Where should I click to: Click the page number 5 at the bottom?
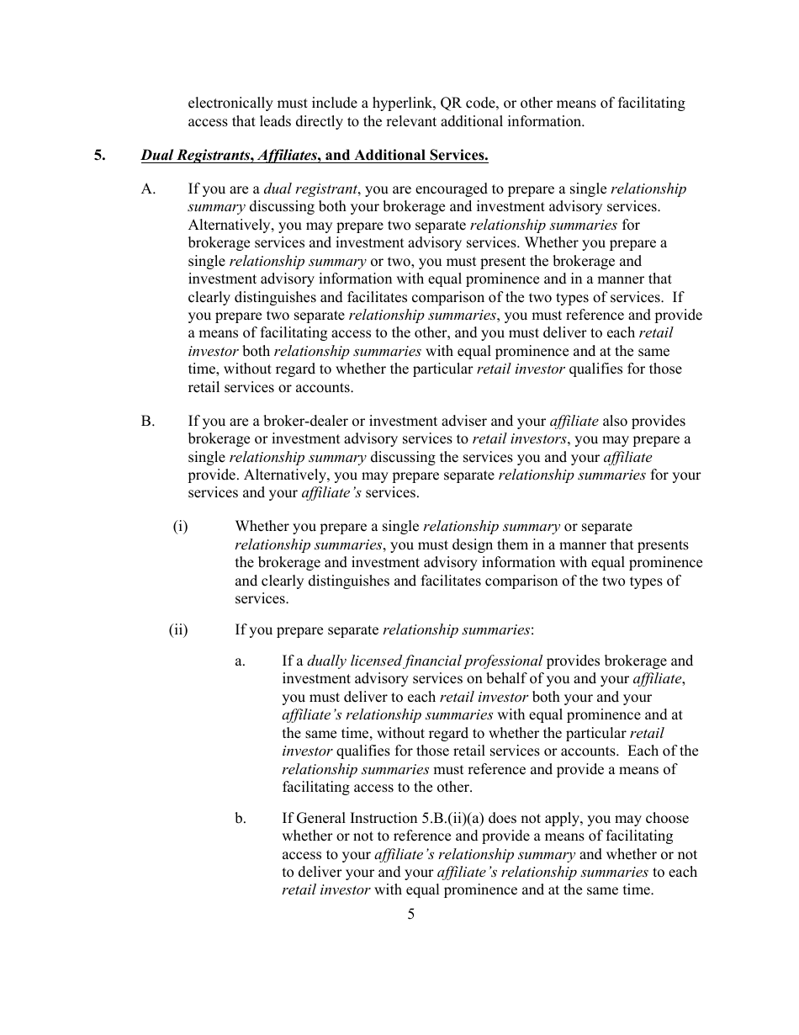410,915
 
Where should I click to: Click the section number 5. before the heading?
100,156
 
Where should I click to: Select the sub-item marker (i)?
180,527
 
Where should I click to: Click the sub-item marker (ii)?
178,629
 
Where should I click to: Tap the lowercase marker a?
241,661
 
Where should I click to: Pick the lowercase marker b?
241,819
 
